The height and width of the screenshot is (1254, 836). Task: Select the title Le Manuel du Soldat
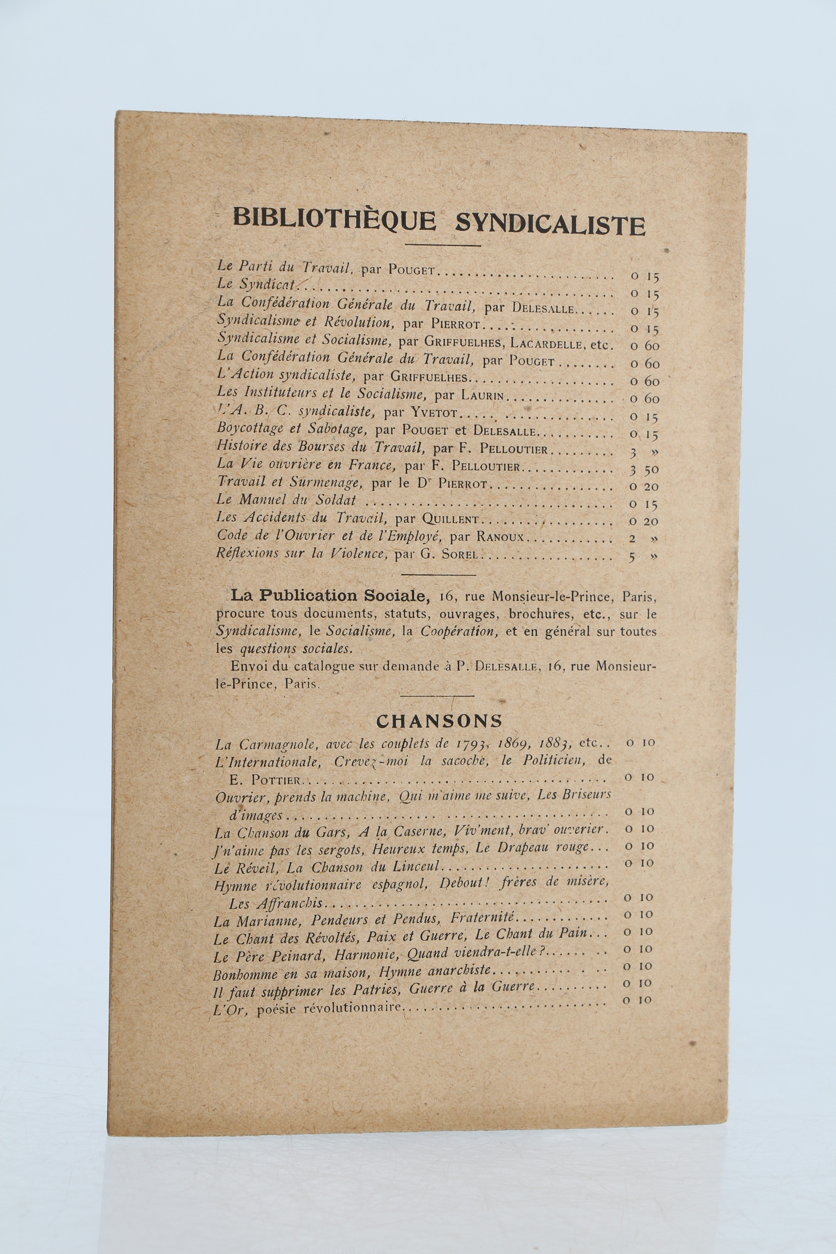tap(286, 500)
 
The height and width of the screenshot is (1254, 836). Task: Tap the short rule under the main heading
tap(443, 246)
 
